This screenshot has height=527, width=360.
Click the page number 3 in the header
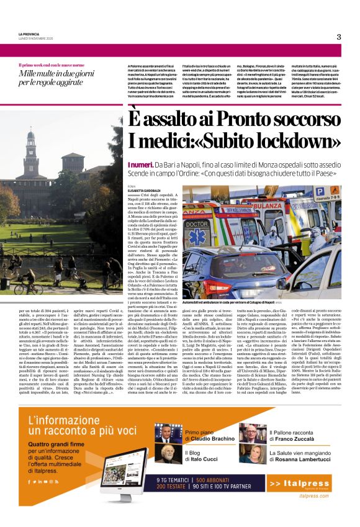pyautogui.click(x=339, y=37)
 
